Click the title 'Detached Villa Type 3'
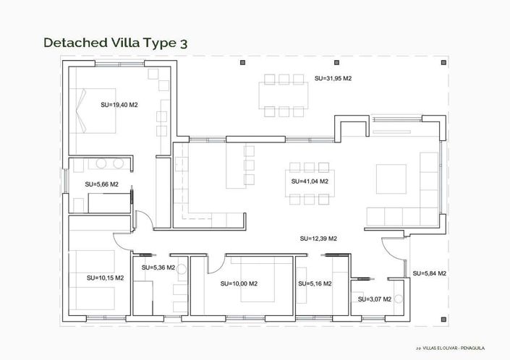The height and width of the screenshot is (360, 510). pos(116,43)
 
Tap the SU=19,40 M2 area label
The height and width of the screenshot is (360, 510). pos(119,105)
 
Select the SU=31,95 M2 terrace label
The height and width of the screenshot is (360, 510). pos(333,78)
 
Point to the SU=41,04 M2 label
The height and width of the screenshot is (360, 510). pos(310,181)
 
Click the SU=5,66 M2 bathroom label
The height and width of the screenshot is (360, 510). pos(101,184)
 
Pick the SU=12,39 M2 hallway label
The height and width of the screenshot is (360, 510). pos(318,238)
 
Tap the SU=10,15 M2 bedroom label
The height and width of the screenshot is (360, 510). pos(105,278)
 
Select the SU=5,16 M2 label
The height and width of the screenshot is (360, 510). pos(315,283)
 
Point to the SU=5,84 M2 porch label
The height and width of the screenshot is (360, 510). pos(429,273)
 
